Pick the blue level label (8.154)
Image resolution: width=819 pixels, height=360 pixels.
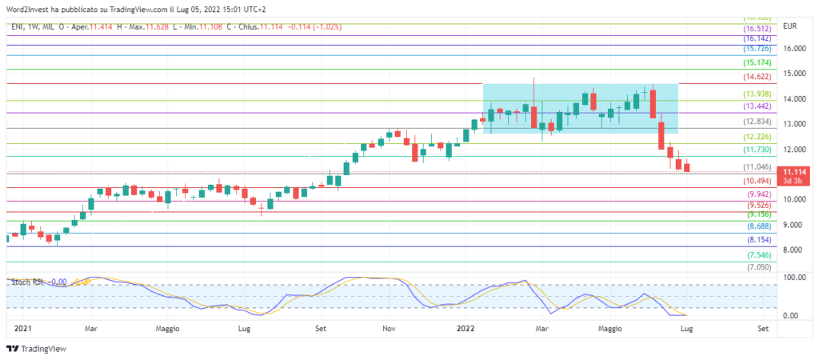click(x=758, y=240)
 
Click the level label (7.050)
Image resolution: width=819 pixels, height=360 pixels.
click(x=758, y=267)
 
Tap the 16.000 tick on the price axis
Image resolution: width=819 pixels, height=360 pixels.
click(x=793, y=48)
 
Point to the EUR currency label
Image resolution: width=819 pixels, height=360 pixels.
click(x=791, y=26)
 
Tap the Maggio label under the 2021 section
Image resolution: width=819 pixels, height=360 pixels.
click(x=168, y=328)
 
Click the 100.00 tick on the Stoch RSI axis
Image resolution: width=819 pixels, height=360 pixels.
click(x=793, y=277)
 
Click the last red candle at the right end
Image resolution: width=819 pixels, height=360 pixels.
click(x=686, y=166)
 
